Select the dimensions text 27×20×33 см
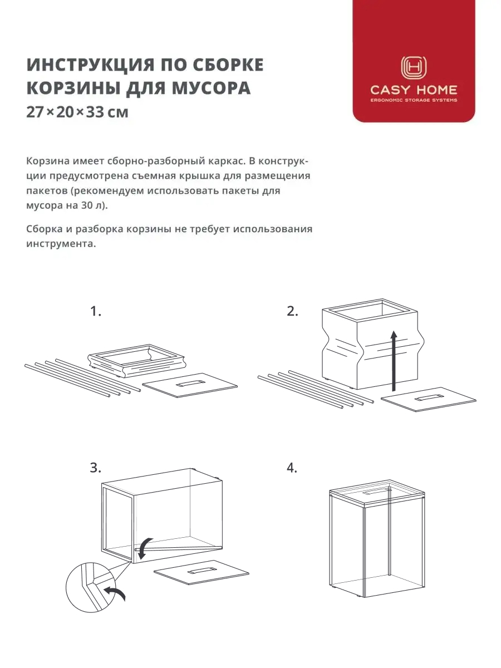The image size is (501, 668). tap(77, 112)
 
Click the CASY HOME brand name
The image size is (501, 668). tap(414, 90)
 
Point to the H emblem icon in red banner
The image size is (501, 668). tap(414, 68)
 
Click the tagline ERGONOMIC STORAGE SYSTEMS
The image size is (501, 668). tap(414, 101)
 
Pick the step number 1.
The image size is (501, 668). tap(96, 312)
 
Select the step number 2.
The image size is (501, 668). tap(292, 312)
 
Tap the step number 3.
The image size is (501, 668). tap(96, 468)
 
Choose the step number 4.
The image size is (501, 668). tap(292, 468)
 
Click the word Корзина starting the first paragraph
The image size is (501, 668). tap(48, 161)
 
